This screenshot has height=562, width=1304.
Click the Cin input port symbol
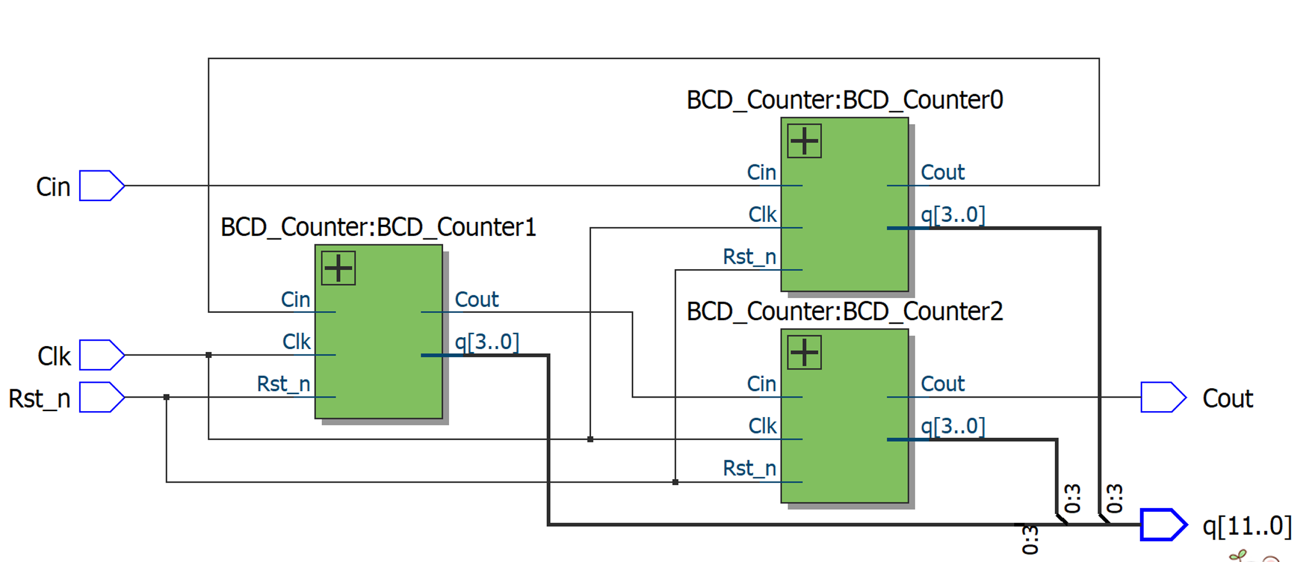[x=101, y=186]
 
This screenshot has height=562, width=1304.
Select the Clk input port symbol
[x=101, y=355]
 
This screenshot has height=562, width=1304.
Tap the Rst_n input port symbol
[x=101, y=397]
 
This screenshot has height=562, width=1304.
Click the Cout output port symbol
[x=1163, y=397]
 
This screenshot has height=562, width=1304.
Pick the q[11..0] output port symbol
[x=1163, y=525]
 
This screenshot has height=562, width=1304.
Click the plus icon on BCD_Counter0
[x=804, y=141]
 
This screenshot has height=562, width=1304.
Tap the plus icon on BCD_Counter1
[x=338, y=268]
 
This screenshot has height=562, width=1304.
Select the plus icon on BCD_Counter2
[x=804, y=353]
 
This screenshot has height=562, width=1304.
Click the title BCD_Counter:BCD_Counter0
[x=844, y=100]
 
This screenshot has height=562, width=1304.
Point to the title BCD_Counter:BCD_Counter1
[x=378, y=227]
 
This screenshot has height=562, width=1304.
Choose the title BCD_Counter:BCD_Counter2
[x=844, y=312]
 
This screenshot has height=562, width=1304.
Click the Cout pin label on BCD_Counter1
[x=476, y=299]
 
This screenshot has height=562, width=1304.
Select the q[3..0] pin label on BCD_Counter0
[x=953, y=214]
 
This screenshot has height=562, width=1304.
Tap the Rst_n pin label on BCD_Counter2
[x=749, y=468]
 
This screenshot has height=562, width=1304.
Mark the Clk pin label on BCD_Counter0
[x=762, y=214]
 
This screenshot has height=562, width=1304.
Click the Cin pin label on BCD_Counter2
[x=761, y=384]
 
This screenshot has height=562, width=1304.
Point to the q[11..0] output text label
[x=1247, y=525]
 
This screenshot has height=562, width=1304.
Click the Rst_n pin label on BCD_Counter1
[x=283, y=384]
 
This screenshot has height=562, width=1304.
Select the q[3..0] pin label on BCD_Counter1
[x=486, y=341]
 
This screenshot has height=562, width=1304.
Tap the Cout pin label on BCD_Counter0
[x=943, y=172]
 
